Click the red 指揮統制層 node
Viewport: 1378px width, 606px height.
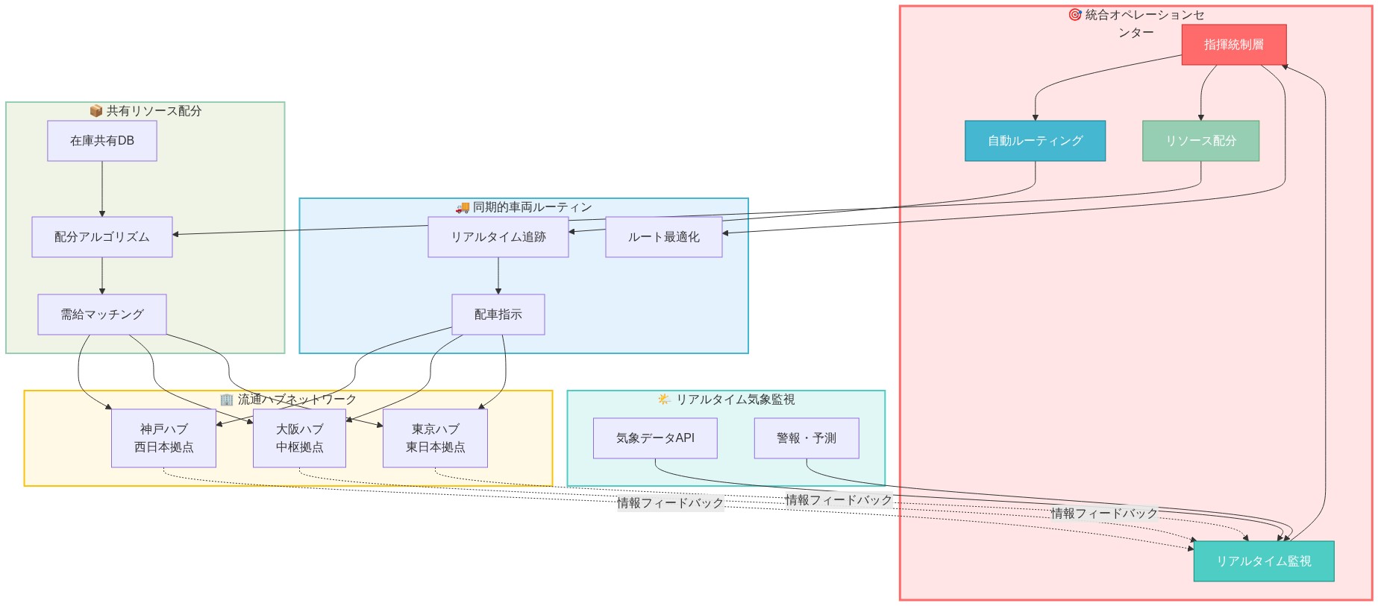click(x=1233, y=45)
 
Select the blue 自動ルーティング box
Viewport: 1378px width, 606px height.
click(x=1034, y=141)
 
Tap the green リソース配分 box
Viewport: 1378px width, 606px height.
click(x=1200, y=141)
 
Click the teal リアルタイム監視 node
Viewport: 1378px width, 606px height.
click(x=1263, y=561)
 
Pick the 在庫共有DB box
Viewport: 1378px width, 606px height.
click(x=101, y=141)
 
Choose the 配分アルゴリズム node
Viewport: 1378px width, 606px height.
click(x=101, y=237)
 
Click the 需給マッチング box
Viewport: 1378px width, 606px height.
click(x=101, y=315)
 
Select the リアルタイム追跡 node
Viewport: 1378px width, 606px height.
click(x=498, y=237)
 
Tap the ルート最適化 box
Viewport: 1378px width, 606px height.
click(x=663, y=237)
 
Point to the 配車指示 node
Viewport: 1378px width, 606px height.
click(x=498, y=315)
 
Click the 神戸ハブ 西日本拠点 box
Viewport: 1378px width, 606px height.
click(x=163, y=438)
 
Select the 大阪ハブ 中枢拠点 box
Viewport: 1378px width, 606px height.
click(x=299, y=438)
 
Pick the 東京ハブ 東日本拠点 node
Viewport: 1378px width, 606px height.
click(x=435, y=438)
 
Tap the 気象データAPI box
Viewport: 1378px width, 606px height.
click(x=655, y=438)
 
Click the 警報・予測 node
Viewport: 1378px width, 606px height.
click(x=806, y=438)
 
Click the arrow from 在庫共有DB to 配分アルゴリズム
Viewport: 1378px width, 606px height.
click(x=102, y=189)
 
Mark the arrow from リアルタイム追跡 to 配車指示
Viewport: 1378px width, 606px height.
click(x=498, y=276)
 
